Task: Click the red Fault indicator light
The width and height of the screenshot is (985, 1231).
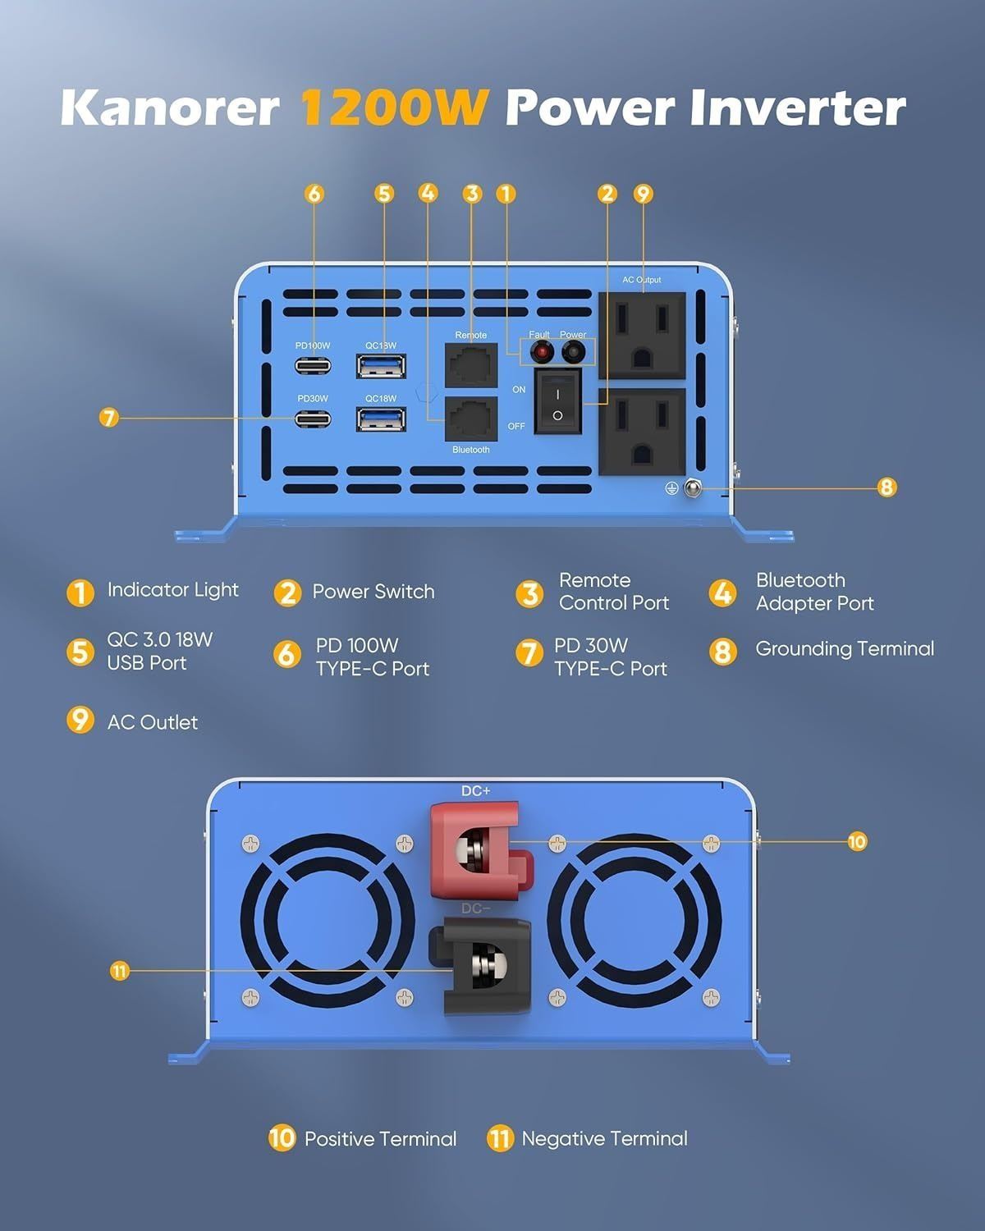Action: coord(541,352)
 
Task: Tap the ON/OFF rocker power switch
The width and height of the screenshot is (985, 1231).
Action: coord(557,400)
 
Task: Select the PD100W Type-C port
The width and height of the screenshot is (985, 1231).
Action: coord(313,365)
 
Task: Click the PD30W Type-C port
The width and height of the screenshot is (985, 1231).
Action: coord(313,419)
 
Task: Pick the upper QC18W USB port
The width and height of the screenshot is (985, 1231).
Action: coord(381,366)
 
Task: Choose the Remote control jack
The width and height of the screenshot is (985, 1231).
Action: coord(471,365)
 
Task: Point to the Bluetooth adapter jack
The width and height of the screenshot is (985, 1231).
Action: coord(471,419)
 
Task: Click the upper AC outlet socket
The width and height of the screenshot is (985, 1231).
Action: coord(642,335)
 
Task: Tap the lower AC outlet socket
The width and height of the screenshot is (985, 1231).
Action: coord(642,432)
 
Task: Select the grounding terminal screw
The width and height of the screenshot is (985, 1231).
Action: coord(693,488)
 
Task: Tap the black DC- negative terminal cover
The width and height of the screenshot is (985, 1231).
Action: coord(479,966)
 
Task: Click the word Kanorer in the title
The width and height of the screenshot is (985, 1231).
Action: coord(170,108)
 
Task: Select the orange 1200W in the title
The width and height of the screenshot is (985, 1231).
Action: coord(395,108)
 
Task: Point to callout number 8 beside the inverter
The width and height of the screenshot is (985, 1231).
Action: coord(886,487)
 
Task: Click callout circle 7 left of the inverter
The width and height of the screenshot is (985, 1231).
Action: coord(108,418)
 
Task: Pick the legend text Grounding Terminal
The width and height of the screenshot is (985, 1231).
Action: coord(845,648)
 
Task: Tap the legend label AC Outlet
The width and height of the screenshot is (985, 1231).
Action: coord(153,722)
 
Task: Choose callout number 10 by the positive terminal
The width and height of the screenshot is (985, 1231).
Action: coord(857,841)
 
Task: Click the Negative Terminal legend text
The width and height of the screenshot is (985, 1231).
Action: coord(604,1138)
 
